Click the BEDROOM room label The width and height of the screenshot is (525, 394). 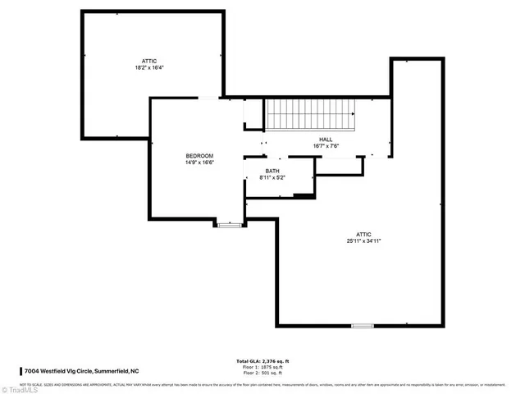click(x=199, y=156)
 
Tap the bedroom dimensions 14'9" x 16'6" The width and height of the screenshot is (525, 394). click(x=199, y=163)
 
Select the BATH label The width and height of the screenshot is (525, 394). click(x=272, y=171)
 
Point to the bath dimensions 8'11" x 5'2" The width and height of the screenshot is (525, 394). click(x=272, y=178)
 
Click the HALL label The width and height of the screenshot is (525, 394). click(x=326, y=140)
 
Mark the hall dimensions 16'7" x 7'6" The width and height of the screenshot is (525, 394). click(x=326, y=147)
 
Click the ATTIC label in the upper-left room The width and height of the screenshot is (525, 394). click(x=148, y=60)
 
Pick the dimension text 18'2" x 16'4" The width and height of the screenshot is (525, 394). click(x=148, y=67)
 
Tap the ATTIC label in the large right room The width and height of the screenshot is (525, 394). click(x=363, y=234)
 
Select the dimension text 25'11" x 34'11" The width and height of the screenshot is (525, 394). click(x=363, y=241)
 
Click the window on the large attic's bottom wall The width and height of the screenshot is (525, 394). click(x=362, y=326)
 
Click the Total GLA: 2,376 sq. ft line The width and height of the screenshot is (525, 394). click(x=262, y=361)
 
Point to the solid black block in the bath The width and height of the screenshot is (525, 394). click(x=304, y=195)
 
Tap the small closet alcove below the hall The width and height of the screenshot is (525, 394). click(x=340, y=165)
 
